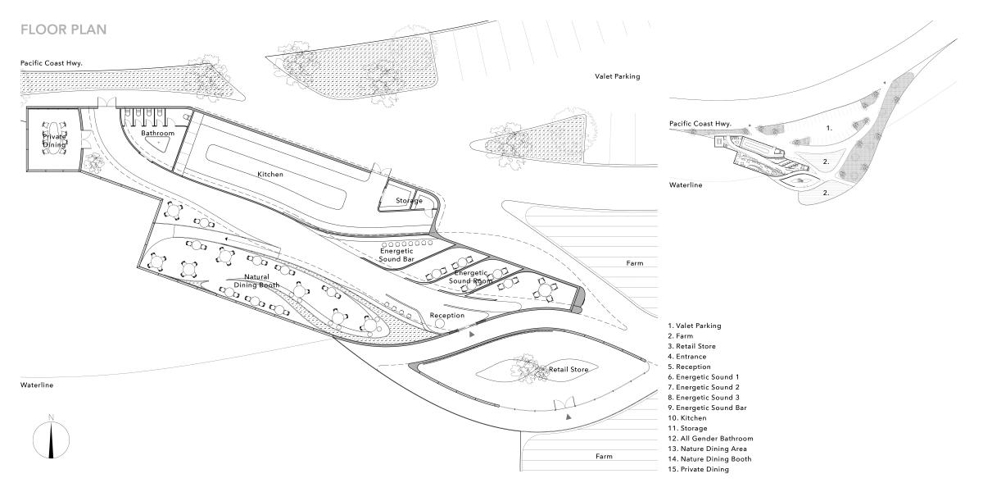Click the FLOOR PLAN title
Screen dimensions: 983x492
click(64, 30)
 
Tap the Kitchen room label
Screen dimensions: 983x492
click(270, 174)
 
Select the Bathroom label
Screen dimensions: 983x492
click(157, 133)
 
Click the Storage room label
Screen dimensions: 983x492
click(409, 200)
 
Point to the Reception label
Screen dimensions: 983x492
click(446, 316)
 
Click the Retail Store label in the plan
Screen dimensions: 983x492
click(569, 370)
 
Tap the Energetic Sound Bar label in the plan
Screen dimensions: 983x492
click(396, 255)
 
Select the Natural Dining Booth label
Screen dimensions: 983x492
click(256, 280)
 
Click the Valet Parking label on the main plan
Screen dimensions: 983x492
click(618, 76)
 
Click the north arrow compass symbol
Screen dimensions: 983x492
click(52, 438)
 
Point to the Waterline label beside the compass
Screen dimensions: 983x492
click(37, 385)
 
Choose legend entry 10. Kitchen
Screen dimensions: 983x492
click(687, 417)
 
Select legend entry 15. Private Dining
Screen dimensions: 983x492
click(698, 469)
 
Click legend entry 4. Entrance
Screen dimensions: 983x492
click(686, 356)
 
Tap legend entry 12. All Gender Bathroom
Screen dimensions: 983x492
click(710, 439)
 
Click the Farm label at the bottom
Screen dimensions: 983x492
click(604, 457)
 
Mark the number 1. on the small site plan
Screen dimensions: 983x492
click(829, 128)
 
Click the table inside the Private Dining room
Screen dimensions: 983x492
click(54, 138)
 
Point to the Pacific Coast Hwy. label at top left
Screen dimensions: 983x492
click(52, 63)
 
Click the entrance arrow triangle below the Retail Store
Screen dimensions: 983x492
click(569, 417)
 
